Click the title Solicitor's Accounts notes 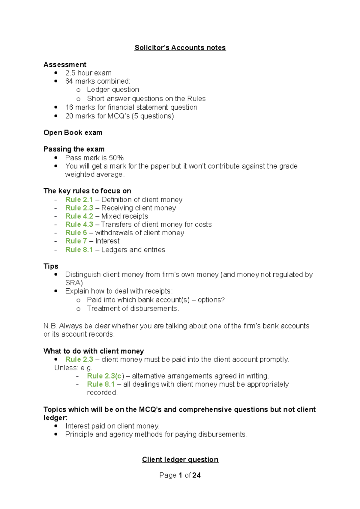[180, 48]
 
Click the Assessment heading [65, 64]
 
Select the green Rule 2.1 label [79, 200]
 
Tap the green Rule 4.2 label [79, 216]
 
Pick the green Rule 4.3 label [79, 225]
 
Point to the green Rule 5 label [76, 233]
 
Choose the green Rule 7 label [76, 241]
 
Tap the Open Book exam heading [73, 132]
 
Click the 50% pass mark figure [116, 158]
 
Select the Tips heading [51, 266]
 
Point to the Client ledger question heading [180, 460]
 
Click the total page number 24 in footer [196, 475]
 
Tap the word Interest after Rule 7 [107, 241]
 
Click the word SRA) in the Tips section [74, 283]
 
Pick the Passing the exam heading [74, 149]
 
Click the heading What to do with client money [94, 351]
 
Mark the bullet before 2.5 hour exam [56, 73]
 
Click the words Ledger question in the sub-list [113, 90]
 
